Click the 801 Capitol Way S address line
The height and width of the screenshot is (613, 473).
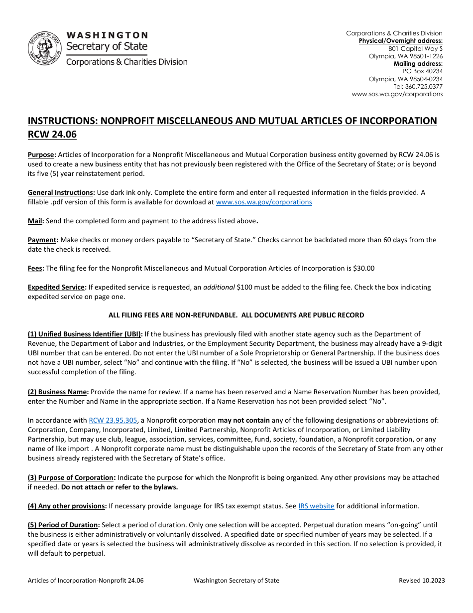click(x=415, y=49)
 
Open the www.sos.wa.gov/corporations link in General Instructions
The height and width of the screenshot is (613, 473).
click(x=263, y=202)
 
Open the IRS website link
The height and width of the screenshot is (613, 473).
click(x=316, y=506)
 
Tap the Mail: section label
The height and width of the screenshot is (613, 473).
click(x=36, y=221)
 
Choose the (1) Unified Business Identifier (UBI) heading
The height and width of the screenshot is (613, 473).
click(x=85, y=334)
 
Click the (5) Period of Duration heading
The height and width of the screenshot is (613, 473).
click(x=64, y=525)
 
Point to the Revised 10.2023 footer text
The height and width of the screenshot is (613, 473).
click(x=422, y=580)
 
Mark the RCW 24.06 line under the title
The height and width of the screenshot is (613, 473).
click(x=52, y=134)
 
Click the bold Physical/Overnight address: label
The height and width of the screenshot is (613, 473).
click(x=400, y=41)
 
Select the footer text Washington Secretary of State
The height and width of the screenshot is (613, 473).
click(x=236, y=580)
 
